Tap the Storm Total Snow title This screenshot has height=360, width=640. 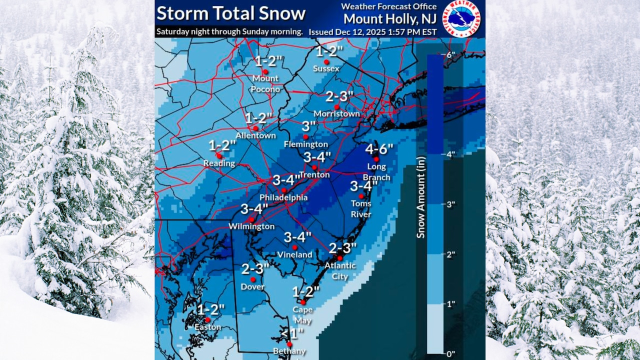(x=230, y=13)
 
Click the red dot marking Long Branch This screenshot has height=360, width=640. (x=376, y=159)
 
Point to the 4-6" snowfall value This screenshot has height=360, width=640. (x=379, y=148)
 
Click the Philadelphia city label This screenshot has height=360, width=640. (x=283, y=198)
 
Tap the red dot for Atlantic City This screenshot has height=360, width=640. (x=339, y=258)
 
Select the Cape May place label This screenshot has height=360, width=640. (x=302, y=313)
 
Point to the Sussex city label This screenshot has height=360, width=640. (x=326, y=68)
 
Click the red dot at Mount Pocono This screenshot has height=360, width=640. (x=265, y=71)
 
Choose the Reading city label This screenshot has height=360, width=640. (x=219, y=163)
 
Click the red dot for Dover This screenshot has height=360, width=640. (x=253, y=279)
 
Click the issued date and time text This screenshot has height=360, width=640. (x=372, y=32)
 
